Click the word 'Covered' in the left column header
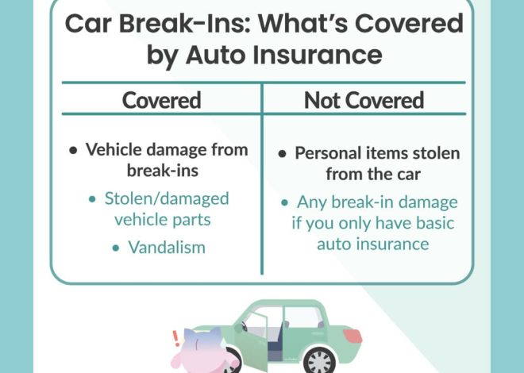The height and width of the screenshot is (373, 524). click(161, 100)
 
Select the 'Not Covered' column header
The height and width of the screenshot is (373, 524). click(364, 100)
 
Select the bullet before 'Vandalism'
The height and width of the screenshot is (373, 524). click(116, 248)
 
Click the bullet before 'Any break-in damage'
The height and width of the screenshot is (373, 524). click(283, 202)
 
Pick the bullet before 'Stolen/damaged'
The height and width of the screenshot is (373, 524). click(92, 198)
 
